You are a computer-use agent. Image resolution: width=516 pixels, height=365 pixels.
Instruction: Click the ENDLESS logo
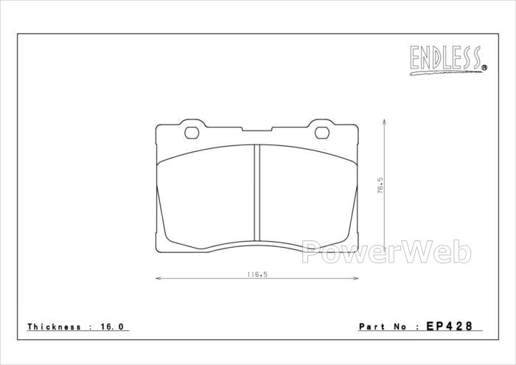[448, 60]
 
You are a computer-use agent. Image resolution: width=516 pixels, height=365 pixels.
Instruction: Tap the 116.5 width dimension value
[257, 274]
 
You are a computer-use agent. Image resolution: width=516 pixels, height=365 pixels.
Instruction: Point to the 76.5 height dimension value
[380, 185]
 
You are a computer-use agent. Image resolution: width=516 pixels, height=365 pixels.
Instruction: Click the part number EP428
[449, 326]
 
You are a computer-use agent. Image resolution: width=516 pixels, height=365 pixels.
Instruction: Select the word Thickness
[54, 327]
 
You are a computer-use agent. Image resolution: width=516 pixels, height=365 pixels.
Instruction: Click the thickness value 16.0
[112, 327]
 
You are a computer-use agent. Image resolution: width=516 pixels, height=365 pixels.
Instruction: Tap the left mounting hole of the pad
[192, 133]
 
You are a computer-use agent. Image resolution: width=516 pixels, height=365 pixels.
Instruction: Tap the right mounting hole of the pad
[322, 133]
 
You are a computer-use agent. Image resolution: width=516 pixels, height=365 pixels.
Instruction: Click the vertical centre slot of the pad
[257, 193]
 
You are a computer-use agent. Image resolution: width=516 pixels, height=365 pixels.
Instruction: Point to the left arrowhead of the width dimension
[158, 279]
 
